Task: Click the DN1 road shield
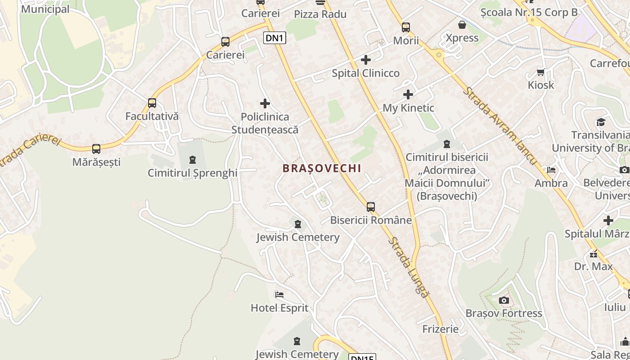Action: click(x=274, y=38)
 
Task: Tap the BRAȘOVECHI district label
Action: click(x=322, y=168)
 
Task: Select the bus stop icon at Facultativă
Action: click(x=152, y=103)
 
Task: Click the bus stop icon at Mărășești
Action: click(x=96, y=149)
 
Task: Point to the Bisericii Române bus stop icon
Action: click(x=370, y=207)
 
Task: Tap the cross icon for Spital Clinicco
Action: click(x=366, y=60)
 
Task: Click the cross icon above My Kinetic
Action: click(x=408, y=94)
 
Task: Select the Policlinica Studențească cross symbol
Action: click(x=265, y=103)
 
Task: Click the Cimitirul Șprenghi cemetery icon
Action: click(x=193, y=160)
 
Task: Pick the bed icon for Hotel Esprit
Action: click(x=279, y=295)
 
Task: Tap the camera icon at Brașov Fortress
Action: click(x=504, y=300)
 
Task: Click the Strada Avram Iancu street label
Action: click(x=500, y=126)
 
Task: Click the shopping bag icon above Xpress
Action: click(x=462, y=25)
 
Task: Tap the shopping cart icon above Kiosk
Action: click(x=541, y=72)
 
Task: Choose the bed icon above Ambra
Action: click(x=551, y=170)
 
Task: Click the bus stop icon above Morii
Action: click(x=406, y=27)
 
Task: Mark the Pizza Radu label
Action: click(x=320, y=14)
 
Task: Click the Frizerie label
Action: click(x=441, y=329)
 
